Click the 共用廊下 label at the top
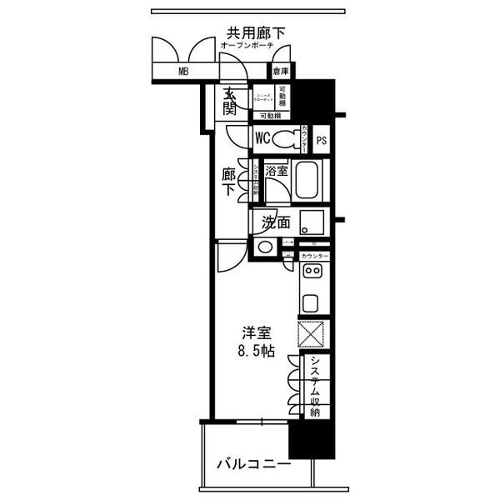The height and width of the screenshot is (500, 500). [257, 32]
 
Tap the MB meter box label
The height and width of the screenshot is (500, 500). [182, 72]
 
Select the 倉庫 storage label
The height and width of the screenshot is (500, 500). [281, 72]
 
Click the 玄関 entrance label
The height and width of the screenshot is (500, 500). [229, 101]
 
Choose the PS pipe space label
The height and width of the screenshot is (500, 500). [321, 140]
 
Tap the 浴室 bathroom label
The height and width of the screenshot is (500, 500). [277, 170]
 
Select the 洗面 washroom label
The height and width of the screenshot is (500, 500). [276, 222]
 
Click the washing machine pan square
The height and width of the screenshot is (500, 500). [313, 222]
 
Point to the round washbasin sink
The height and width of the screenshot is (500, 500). [266, 246]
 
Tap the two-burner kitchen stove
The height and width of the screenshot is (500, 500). [312, 272]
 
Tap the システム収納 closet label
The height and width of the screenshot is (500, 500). [315, 386]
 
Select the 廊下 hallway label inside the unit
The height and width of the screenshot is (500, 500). [227, 182]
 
